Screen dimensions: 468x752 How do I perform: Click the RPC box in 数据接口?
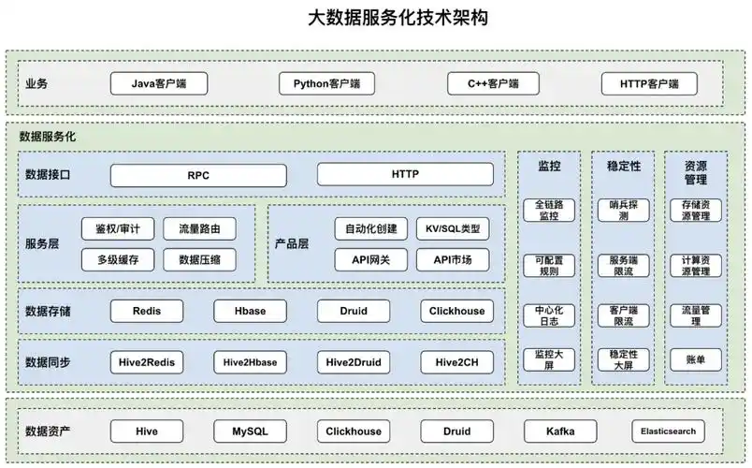[x=198, y=175]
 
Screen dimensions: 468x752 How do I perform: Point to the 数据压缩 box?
[x=199, y=259]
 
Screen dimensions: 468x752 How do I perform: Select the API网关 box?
[x=371, y=259]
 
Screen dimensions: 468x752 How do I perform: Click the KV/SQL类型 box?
[x=453, y=228]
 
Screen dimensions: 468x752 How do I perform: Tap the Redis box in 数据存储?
[x=147, y=311]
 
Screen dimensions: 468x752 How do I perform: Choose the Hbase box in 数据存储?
[x=250, y=311]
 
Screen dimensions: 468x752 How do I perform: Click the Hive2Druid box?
[x=354, y=362]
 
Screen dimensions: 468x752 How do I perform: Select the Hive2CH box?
[x=456, y=362]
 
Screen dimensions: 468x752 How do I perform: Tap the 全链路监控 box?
[x=548, y=210]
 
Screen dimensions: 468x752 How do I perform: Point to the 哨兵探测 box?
[x=623, y=210]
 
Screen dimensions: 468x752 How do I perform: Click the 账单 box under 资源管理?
[x=695, y=359]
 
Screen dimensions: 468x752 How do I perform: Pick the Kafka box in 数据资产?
[x=560, y=431]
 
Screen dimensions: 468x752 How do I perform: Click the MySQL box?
[x=250, y=431]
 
